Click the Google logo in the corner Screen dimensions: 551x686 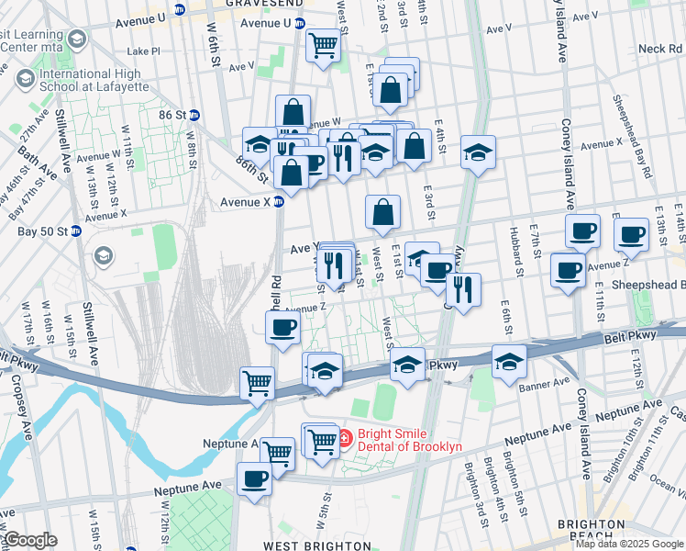[x=29, y=540]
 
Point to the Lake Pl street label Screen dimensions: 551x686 [x=144, y=51]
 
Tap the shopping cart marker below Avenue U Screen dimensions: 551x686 [x=323, y=44]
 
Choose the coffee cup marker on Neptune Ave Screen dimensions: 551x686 [x=255, y=478]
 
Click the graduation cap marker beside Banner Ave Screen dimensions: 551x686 [x=508, y=362]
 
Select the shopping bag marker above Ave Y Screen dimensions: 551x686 [x=382, y=212]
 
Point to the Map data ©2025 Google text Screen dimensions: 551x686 [x=629, y=544]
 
